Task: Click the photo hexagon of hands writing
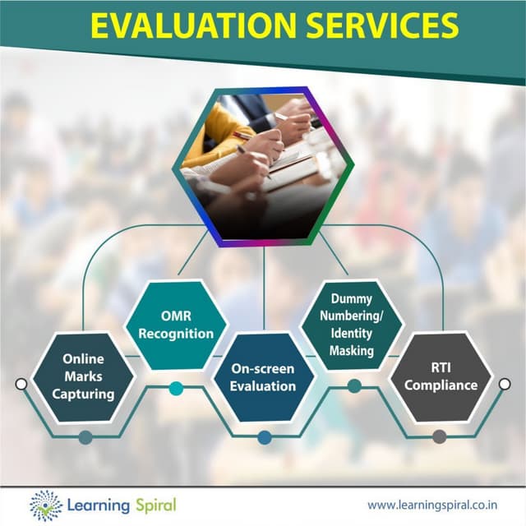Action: coord(263,164)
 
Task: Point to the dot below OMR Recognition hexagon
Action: coord(176,388)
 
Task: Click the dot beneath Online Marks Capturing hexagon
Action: coord(85,437)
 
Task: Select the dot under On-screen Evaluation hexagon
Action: coord(264,437)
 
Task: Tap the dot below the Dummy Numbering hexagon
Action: coord(354,386)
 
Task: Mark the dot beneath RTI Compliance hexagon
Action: coord(440,436)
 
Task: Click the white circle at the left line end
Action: coord(21,384)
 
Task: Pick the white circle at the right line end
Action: coord(505,383)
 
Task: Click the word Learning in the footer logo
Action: coord(95,504)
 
